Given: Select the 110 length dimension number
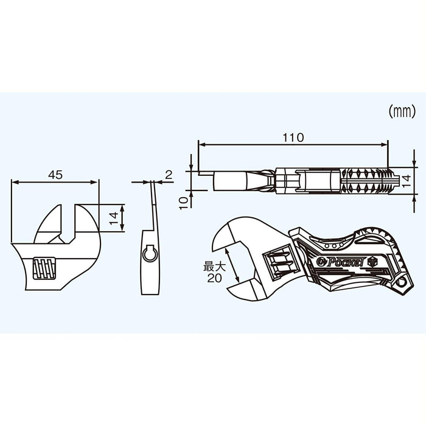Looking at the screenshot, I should [292, 138].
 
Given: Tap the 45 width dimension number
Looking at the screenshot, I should [55, 175].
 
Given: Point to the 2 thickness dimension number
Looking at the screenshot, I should [169, 175].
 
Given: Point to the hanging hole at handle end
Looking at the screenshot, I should [401, 284].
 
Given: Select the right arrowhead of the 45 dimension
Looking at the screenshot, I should [96, 181].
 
